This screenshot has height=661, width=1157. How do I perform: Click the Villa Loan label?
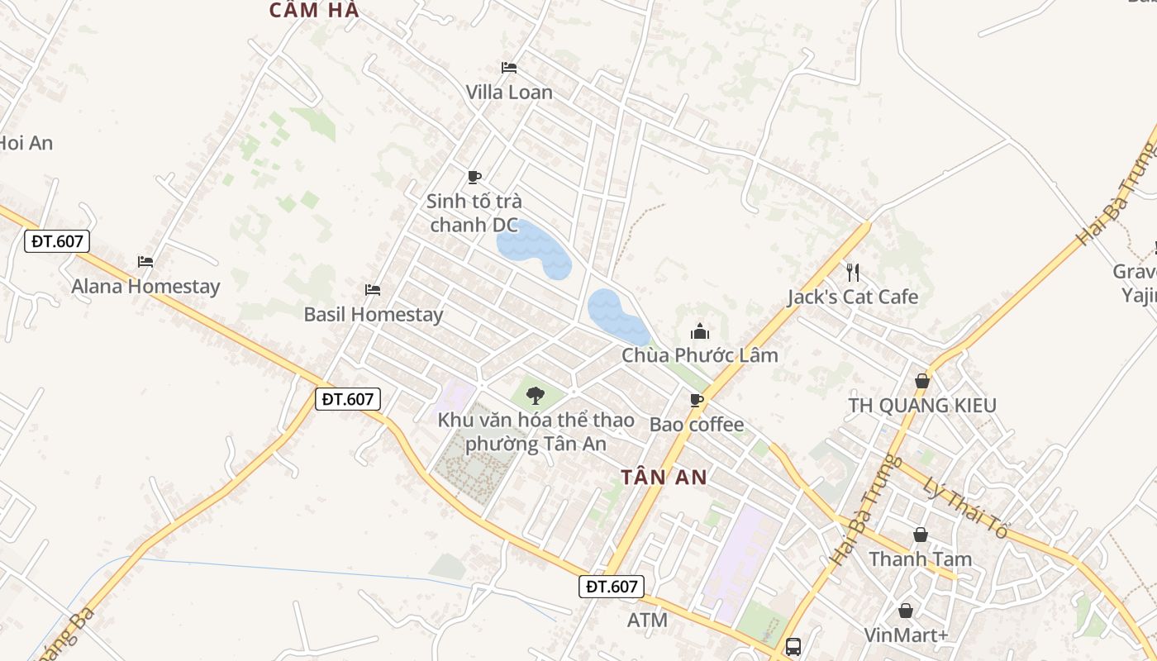pyautogui.click(x=509, y=93)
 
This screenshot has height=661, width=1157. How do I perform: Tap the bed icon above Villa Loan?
pyautogui.click(x=509, y=67)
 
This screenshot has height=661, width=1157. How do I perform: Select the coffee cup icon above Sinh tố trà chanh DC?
pyautogui.click(x=474, y=177)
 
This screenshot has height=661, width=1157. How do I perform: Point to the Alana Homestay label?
pyautogui.click(x=145, y=287)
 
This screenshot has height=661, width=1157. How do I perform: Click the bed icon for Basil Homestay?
pyautogui.click(x=373, y=289)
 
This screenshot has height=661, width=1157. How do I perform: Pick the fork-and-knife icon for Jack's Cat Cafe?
pyautogui.click(x=853, y=272)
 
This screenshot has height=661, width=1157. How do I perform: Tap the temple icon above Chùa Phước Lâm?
pyautogui.click(x=700, y=332)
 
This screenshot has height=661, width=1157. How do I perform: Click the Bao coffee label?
pyautogui.click(x=697, y=425)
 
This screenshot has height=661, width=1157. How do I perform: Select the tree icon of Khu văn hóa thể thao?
pyautogui.click(x=536, y=395)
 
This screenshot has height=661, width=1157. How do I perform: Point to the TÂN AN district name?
pyautogui.click(x=664, y=477)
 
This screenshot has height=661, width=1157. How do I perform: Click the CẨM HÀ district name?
pyautogui.click(x=315, y=10)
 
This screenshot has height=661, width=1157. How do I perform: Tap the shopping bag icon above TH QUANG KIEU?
pyautogui.click(x=922, y=381)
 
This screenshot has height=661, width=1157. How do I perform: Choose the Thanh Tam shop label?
pyautogui.click(x=920, y=559)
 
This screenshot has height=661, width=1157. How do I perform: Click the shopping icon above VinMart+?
pyautogui.click(x=907, y=611)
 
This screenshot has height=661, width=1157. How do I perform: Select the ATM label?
pyautogui.click(x=647, y=620)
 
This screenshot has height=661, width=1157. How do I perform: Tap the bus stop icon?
pyautogui.click(x=793, y=646)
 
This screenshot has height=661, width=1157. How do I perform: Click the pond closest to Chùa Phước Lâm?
pyautogui.click(x=617, y=316)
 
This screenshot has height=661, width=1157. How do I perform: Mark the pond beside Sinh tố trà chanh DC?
pyautogui.click(x=533, y=249)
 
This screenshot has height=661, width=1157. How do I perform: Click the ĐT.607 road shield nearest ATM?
pyautogui.click(x=611, y=587)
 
